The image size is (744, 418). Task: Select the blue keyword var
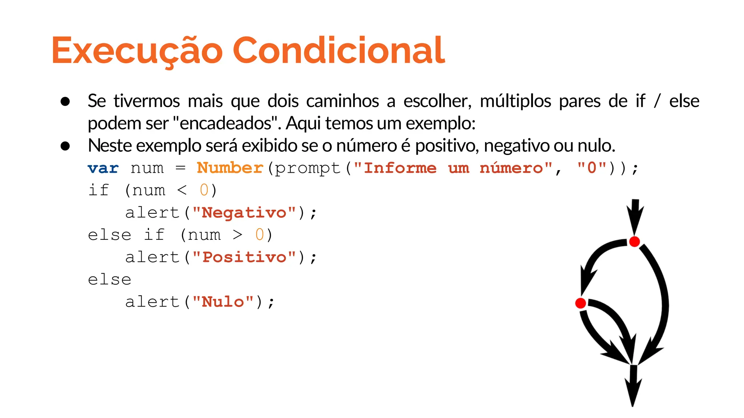tap(103, 168)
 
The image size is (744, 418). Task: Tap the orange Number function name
tap(230, 168)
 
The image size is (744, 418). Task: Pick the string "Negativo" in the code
tap(244, 213)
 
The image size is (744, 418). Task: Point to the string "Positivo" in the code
tap(244, 257)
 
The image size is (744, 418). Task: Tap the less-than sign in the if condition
tap(182, 190)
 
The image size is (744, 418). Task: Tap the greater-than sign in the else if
tap(238, 235)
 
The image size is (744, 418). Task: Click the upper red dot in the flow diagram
tap(634, 241)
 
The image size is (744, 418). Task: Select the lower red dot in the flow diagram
tap(581, 303)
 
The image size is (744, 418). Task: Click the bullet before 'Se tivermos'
tap(65, 101)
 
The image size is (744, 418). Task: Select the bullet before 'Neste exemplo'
tap(65, 146)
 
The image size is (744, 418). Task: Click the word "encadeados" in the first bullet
tap(225, 123)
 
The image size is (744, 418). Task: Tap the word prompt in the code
tap(307, 168)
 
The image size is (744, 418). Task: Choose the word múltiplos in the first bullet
tap(515, 101)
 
